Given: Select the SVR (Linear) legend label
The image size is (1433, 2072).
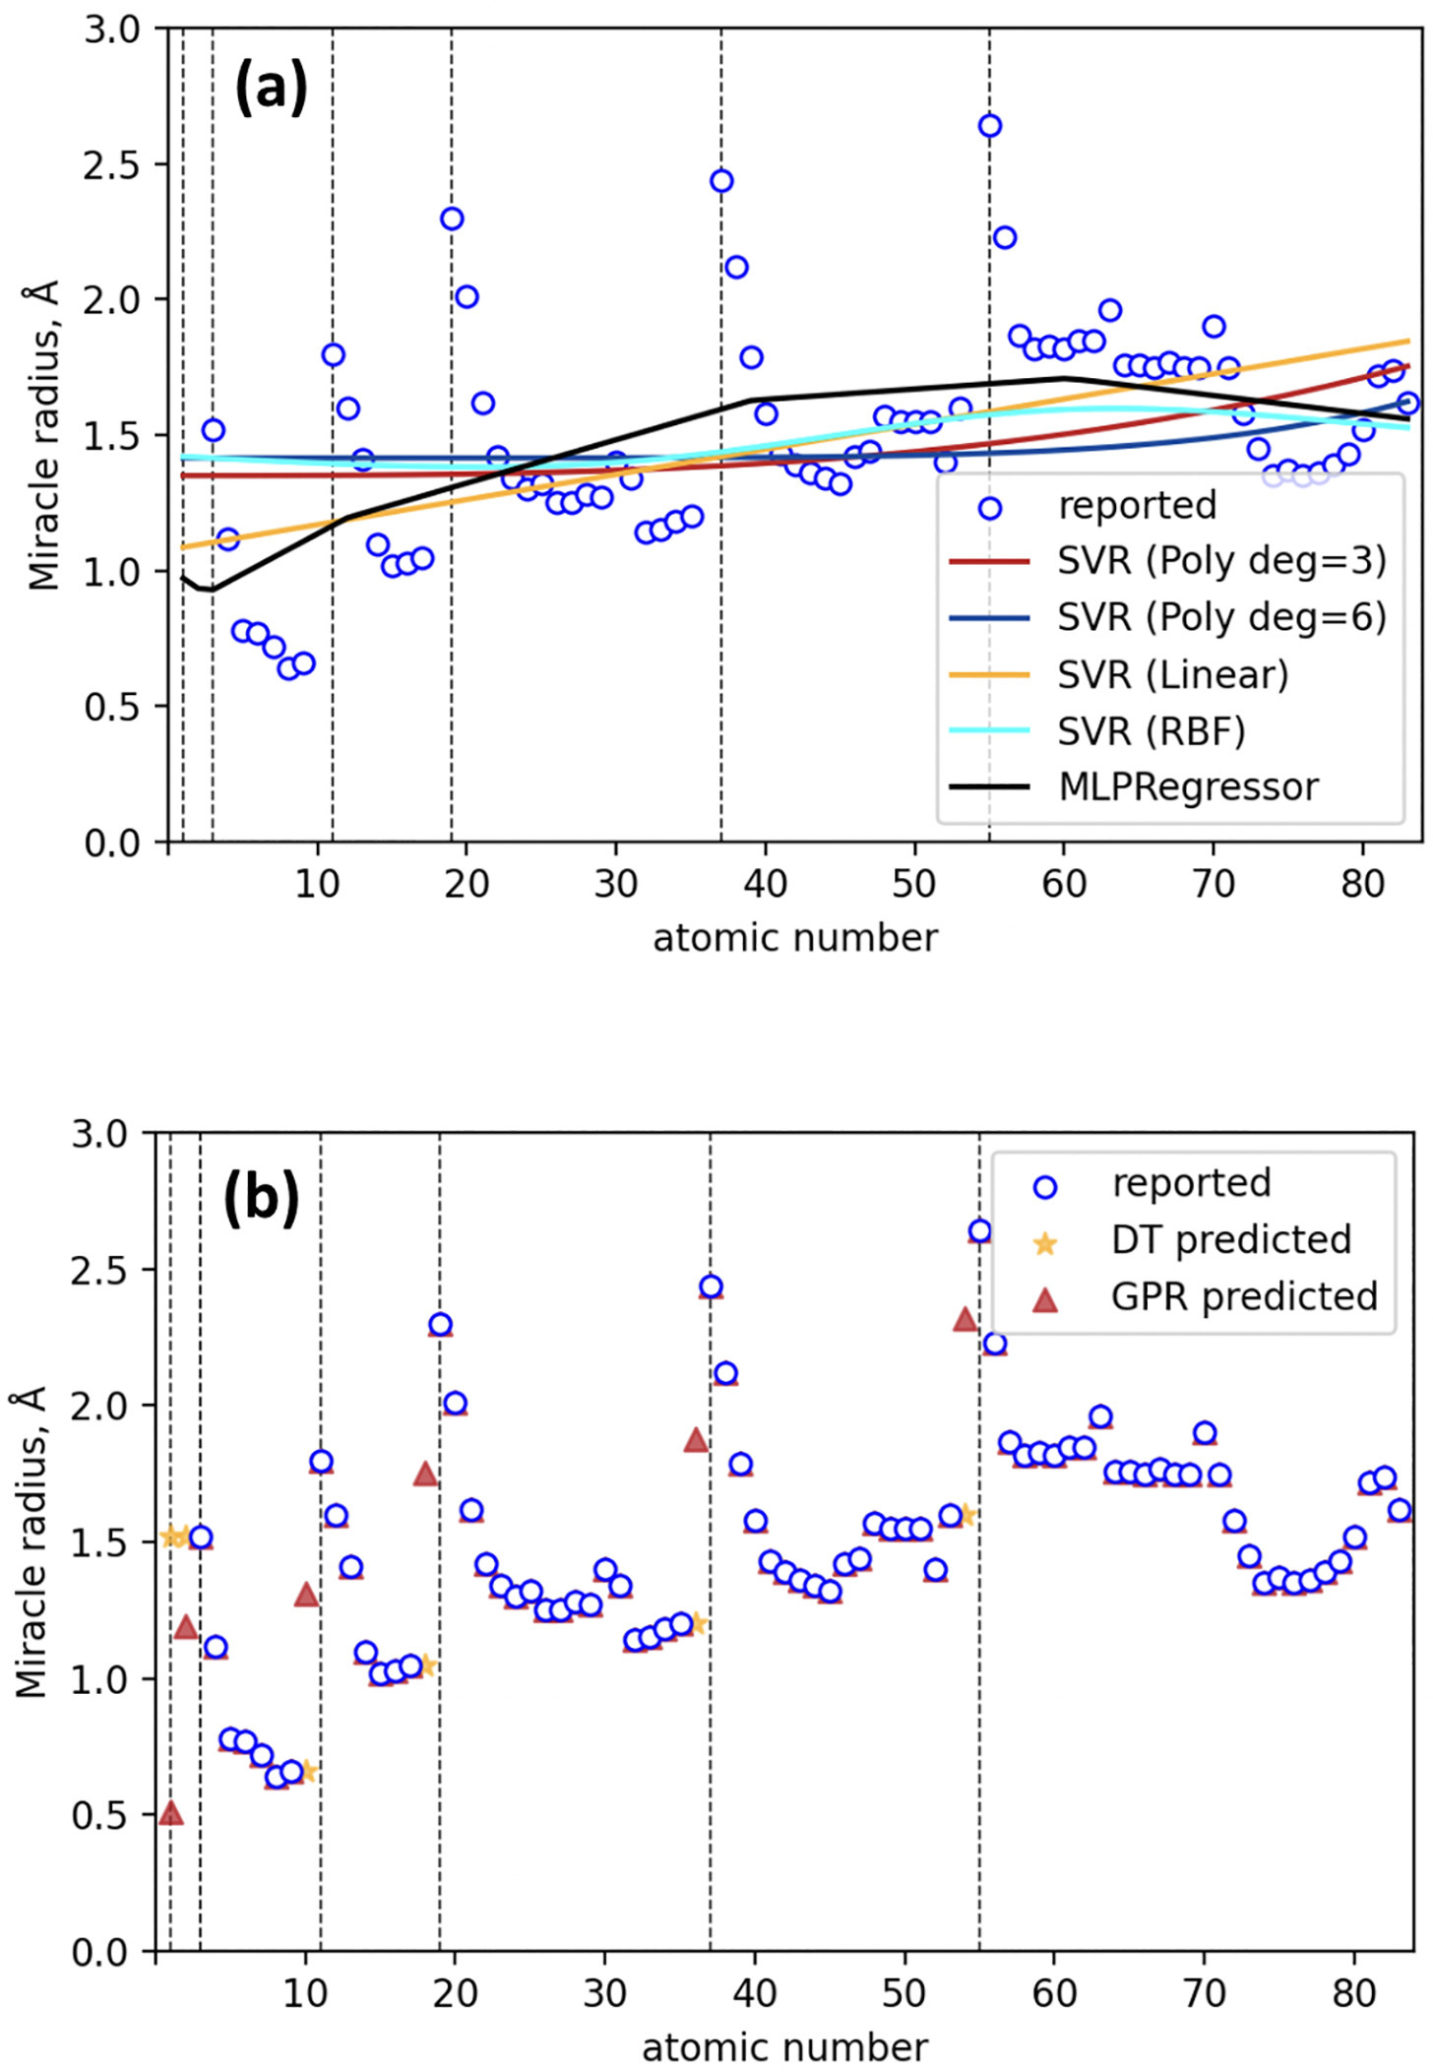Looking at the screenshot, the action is (x=1172, y=675).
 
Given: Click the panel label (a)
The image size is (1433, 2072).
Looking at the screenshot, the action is (x=271, y=89).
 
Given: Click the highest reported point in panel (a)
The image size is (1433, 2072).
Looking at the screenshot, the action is (x=990, y=126).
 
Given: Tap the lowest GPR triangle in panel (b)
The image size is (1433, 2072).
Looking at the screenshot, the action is (x=171, y=1812).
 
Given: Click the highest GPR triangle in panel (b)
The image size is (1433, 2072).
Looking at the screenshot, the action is (x=966, y=1320).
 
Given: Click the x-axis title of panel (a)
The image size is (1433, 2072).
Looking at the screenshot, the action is (x=795, y=938).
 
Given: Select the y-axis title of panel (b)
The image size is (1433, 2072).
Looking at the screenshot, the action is (x=31, y=1543).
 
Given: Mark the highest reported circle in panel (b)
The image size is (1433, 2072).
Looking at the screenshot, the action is (x=979, y=1231).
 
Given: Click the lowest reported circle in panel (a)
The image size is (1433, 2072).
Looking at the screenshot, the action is (x=289, y=669).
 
